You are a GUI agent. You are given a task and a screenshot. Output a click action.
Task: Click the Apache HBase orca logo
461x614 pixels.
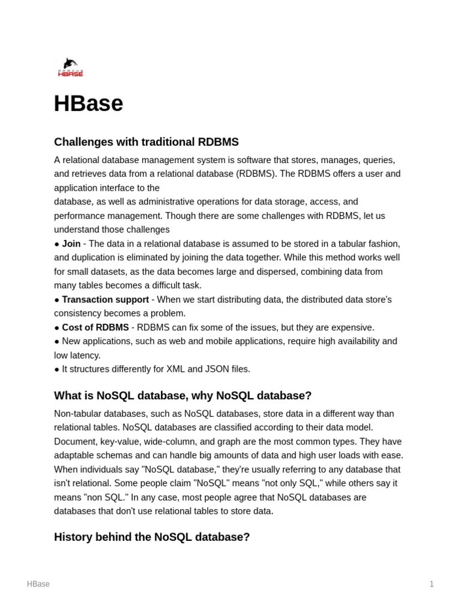click(x=70, y=67)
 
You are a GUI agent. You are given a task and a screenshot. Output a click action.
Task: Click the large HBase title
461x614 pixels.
click(x=88, y=104)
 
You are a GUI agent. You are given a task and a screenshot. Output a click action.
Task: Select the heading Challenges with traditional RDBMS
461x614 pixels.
click(x=146, y=142)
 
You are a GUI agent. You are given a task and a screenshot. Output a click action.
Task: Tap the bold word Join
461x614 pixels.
click(x=71, y=243)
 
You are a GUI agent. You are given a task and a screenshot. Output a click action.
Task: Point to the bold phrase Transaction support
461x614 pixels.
click(x=105, y=299)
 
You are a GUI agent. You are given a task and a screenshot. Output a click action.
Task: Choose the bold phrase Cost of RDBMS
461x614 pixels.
click(x=95, y=327)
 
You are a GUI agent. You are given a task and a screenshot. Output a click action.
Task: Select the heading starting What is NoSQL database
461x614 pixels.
click(x=182, y=396)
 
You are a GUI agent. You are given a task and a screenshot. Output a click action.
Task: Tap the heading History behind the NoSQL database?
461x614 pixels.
click(x=151, y=537)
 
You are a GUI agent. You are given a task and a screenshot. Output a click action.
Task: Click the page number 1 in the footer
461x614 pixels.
click(x=431, y=584)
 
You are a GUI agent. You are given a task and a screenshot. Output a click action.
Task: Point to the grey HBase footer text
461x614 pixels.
click(x=38, y=584)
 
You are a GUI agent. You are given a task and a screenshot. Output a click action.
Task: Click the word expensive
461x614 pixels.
click(x=352, y=327)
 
